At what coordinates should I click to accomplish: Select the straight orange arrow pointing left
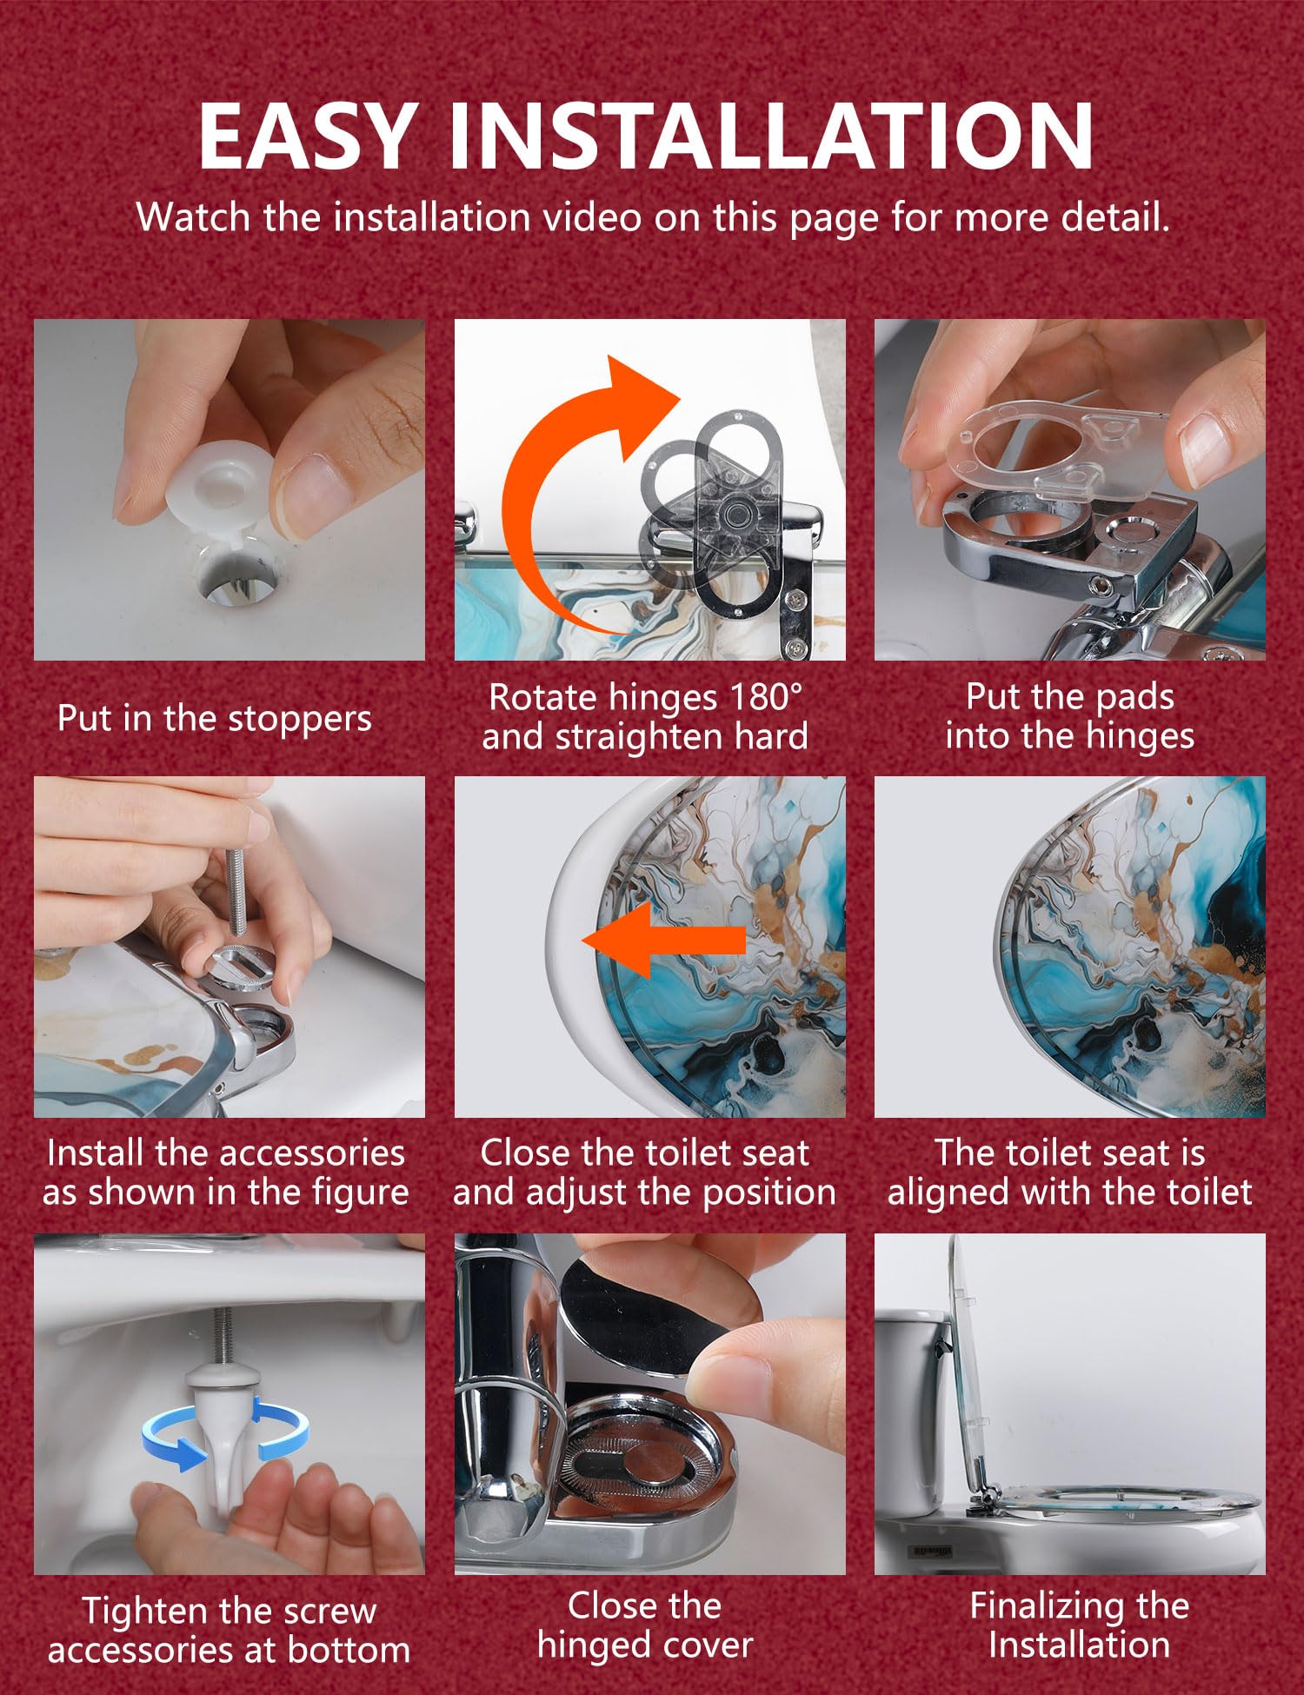point(663,941)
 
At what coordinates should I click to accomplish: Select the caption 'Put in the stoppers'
point(214,718)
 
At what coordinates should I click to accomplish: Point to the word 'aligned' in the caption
point(948,1193)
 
